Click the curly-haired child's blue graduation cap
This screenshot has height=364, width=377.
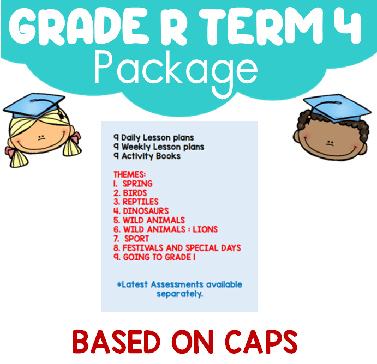click(337, 107)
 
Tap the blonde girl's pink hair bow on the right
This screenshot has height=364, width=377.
click(76, 137)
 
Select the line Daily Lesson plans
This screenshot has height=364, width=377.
click(154, 137)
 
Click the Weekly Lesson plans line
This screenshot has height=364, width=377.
click(159, 147)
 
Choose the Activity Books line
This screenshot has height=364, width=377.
click(147, 156)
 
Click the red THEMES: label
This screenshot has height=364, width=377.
click(130, 174)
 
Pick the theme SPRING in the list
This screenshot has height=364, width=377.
click(137, 184)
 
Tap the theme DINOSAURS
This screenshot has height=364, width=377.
click(146, 211)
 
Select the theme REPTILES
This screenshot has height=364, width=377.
click(141, 202)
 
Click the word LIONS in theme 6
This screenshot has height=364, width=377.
click(205, 229)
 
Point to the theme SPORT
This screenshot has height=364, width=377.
click(136, 239)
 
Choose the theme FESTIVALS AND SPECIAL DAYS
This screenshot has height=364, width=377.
click(182, 248)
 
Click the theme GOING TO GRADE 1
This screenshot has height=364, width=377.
click(159, 257)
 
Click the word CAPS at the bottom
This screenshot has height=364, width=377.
click(261, 342)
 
